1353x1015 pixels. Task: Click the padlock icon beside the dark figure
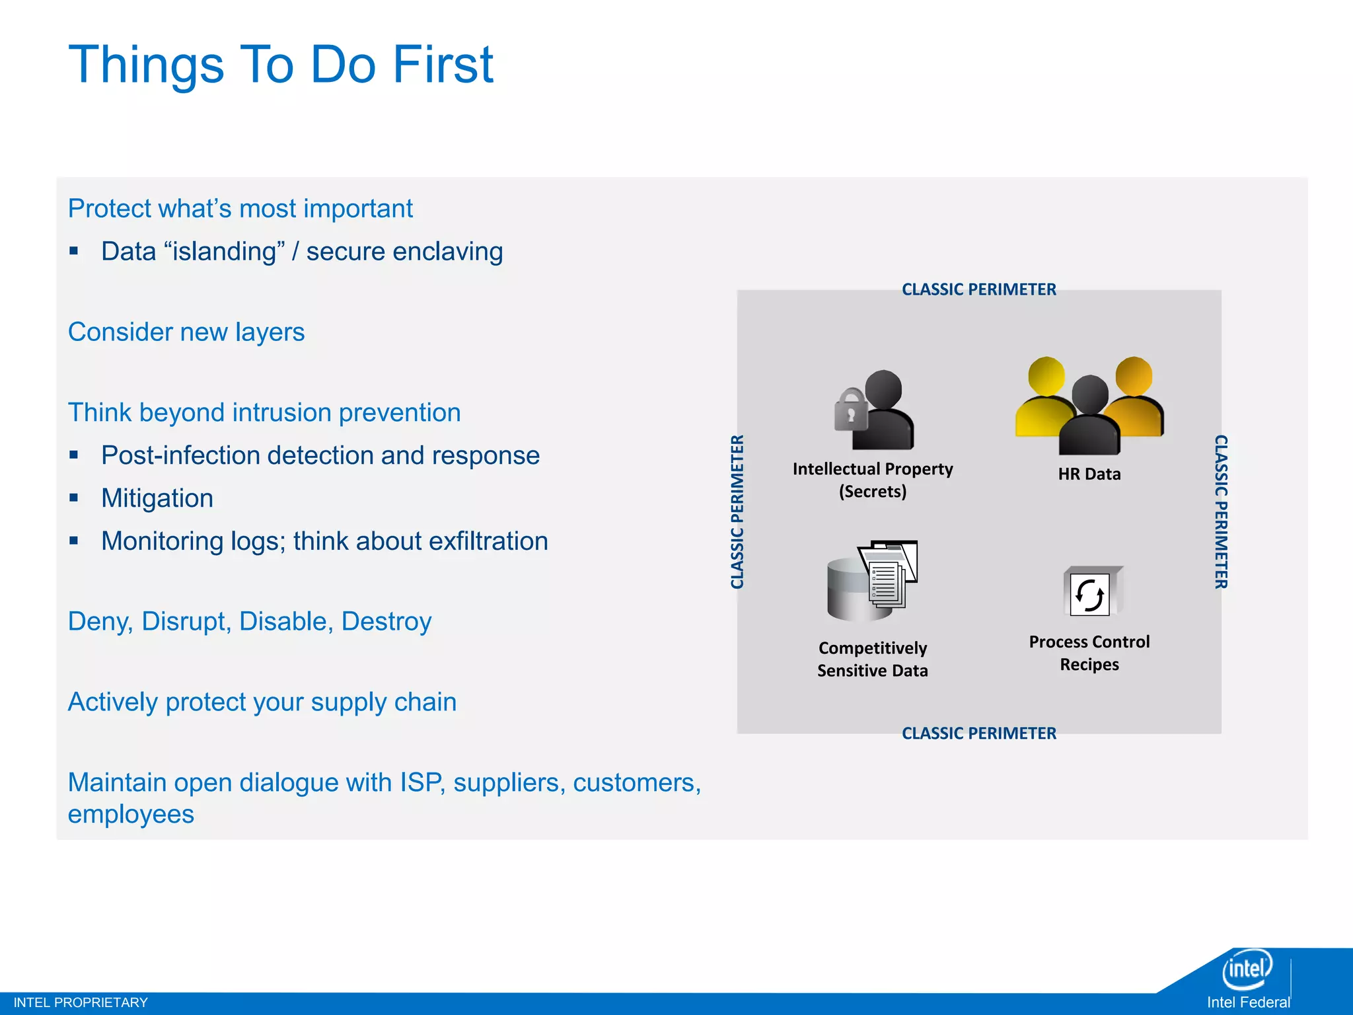click(851, 410)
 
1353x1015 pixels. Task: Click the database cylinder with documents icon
click(871, 582)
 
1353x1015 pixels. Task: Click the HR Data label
click(1089, 474)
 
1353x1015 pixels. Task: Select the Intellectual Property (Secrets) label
click(872, 480)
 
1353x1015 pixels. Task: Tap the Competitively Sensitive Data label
click(872, 659)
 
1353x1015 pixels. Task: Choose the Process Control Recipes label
click(1089, 653)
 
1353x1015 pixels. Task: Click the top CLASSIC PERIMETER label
click(978, 289)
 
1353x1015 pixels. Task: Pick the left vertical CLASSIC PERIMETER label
click(737, 511)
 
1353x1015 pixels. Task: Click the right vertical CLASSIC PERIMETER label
click(1221, 511)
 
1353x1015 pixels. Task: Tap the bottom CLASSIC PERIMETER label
click(978, 733)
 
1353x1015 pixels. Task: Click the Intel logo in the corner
click(1247, 969)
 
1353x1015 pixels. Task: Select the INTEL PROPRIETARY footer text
click(81, 1002)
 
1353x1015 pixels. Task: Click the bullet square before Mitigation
click(74, 498)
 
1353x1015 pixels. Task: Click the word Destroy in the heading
click(386, 621)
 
